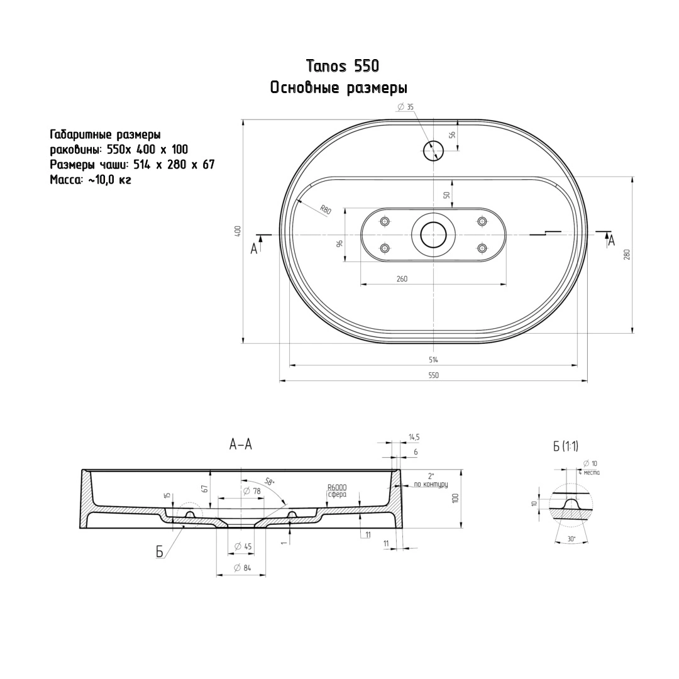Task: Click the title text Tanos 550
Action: point(342,66)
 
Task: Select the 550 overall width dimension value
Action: point(433,375)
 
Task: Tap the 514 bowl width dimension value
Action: point(433,360)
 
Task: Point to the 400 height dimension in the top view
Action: point(237,231)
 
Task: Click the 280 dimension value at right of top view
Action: point(627,254)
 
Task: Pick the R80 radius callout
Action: point(326,210)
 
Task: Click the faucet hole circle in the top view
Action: point(433,151)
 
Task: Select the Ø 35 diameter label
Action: point(406,107)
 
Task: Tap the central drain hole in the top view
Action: point(433,235)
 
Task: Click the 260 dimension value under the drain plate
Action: point(402,279)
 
